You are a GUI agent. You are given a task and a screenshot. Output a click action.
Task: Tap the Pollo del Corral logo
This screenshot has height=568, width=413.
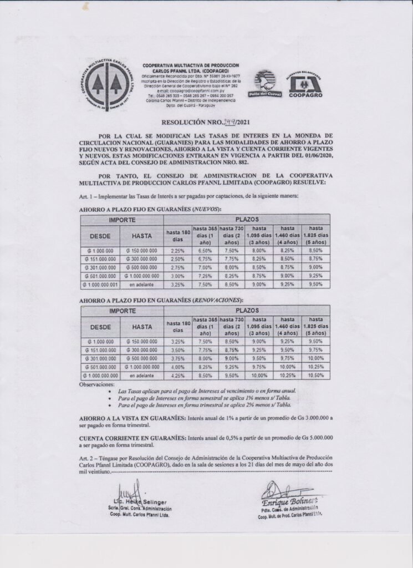[x=267, y=85]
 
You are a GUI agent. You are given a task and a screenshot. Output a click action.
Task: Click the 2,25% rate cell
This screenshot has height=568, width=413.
[x=177, y=250]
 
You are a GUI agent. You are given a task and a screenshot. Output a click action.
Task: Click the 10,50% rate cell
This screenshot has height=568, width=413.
[x=315, y=376]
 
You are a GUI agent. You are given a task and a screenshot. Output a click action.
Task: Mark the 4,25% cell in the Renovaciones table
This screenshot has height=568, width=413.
[x=177, y=376]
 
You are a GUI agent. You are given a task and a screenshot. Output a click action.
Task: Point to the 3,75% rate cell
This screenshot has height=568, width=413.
[x=177, y=358]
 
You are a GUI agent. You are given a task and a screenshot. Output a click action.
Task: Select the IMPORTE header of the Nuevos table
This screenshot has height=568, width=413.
[x=122, y=220]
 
